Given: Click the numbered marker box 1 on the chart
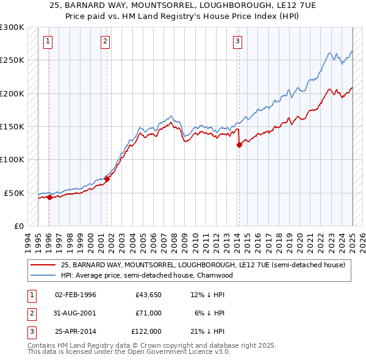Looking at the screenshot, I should point(48,41).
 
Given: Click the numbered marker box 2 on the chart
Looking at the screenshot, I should point(106,41).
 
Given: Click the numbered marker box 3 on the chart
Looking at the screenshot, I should point(237,41).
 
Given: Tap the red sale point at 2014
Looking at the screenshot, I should point(240,145).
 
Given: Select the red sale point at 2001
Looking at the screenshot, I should point(107,179).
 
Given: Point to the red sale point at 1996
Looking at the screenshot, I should point(49,197).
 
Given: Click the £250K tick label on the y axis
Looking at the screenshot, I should point(12,60).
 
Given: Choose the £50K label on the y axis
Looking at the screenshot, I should point(13,193).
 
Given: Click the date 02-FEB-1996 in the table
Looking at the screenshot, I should point(76,295).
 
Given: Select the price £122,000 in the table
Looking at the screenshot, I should point(146,331).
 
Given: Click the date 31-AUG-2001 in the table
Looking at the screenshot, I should point(76,313).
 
